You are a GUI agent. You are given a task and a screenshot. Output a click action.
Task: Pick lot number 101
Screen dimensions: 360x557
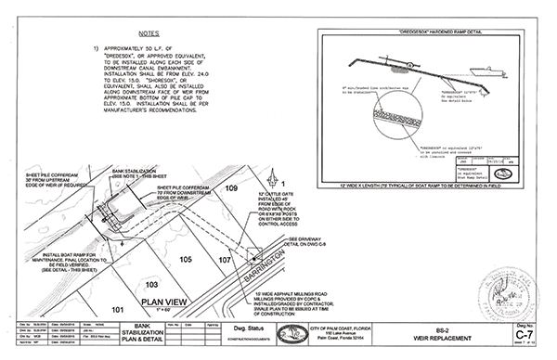click(117, 307)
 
